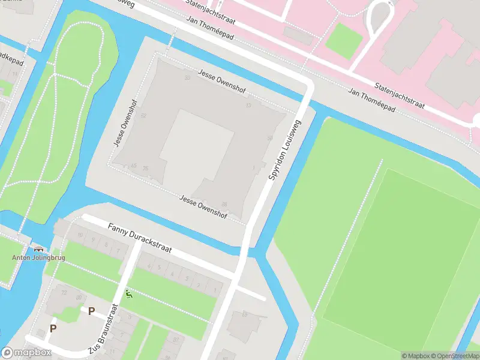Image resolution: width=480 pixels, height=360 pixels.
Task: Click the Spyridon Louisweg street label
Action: click(x=285, y=150)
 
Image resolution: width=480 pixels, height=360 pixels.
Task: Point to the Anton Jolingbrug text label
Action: click(x=38, y=258)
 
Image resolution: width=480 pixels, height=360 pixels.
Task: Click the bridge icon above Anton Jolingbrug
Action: click(x=39, y=249)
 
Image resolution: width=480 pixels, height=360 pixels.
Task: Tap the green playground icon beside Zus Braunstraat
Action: click(x=128, y=295)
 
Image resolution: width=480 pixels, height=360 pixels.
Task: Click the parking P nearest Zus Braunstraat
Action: click(x=91, y=311)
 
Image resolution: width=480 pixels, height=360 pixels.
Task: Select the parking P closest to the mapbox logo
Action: click(x=53, y=328)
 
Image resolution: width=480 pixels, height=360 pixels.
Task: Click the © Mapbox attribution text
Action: click(x=416, y=356)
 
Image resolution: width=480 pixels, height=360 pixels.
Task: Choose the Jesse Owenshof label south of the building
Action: click(x=203, y=207)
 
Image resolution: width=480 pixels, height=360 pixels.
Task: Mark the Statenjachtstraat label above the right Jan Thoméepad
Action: click(x=400, y=97)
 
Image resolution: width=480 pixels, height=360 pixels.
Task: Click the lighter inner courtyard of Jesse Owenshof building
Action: click(x=196, y=144)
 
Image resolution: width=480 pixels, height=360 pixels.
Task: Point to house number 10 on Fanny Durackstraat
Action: click(x=78, y=235)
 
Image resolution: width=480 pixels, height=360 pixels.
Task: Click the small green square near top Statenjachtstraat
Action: click(x=344, y=40)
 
